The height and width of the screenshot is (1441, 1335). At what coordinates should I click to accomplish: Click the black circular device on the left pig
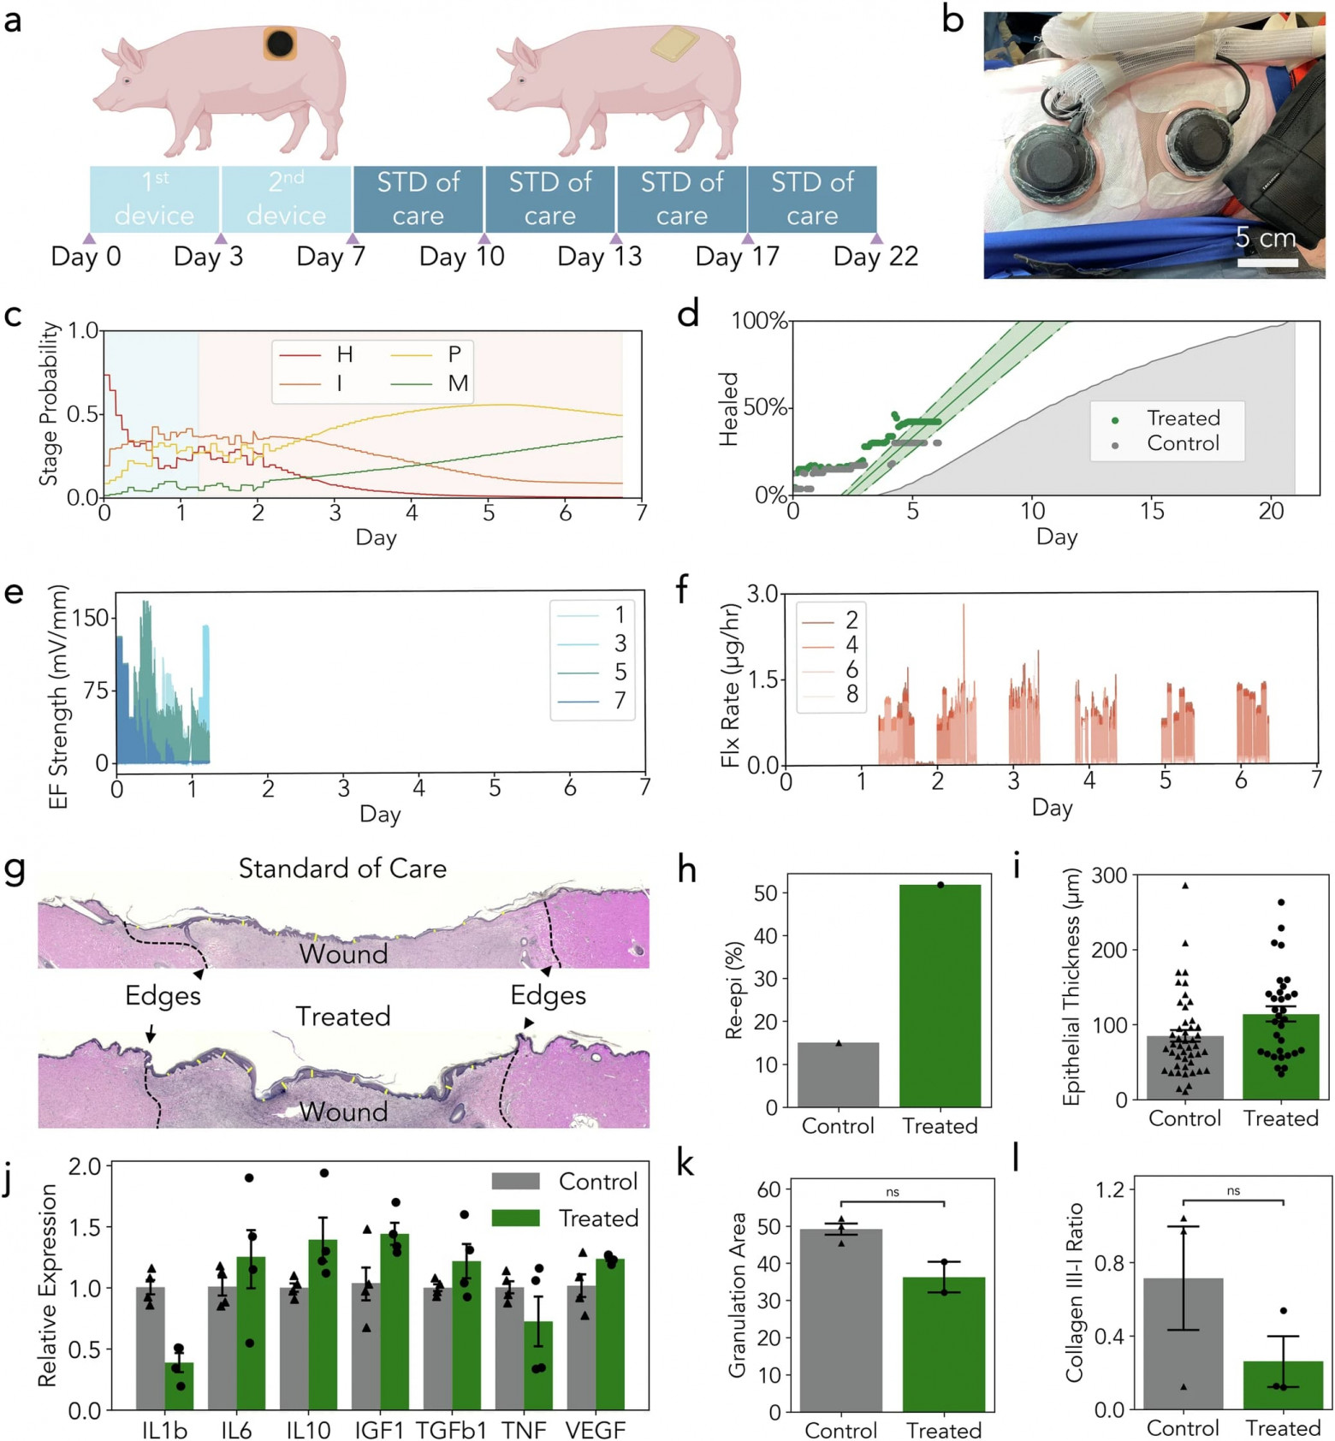(x=280, y=43)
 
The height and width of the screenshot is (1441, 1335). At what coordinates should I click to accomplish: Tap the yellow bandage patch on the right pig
(x=675, y=44)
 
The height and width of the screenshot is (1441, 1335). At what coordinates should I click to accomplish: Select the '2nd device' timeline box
(x=286, y=199)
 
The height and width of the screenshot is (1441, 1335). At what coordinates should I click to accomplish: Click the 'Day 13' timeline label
(x=599, y=257)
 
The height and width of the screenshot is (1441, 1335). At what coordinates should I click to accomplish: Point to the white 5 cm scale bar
(x=1267, y=263)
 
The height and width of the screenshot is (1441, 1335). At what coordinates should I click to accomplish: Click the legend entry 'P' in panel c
(x=454, y=354)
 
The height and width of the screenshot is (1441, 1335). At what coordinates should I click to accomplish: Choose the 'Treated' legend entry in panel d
(x=1183, y=418)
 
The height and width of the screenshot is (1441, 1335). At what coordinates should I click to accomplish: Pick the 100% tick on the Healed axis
(x=759, y=321)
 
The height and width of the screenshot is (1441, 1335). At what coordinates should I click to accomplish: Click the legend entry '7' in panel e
(x=620, y=701)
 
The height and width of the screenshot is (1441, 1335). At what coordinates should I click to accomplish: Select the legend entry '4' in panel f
(x=851, y=644)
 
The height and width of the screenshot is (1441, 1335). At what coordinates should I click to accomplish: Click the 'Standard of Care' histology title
(x=342, y=869)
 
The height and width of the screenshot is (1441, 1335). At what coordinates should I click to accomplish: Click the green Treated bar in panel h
(x=940, y=997)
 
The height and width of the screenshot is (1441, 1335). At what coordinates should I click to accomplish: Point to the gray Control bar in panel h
(x=838, y=1075)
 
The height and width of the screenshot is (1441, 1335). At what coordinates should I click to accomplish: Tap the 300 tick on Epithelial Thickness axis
(x=1110, y=875)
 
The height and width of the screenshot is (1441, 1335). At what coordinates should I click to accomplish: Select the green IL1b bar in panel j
(x=179, y=1385)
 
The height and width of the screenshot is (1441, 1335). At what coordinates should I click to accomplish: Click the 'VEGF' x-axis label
(x=596, y=1430)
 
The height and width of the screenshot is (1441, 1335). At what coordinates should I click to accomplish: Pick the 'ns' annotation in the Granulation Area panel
(x=893, y=1192)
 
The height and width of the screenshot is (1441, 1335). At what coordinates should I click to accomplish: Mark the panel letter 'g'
(x=15, y=870)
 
